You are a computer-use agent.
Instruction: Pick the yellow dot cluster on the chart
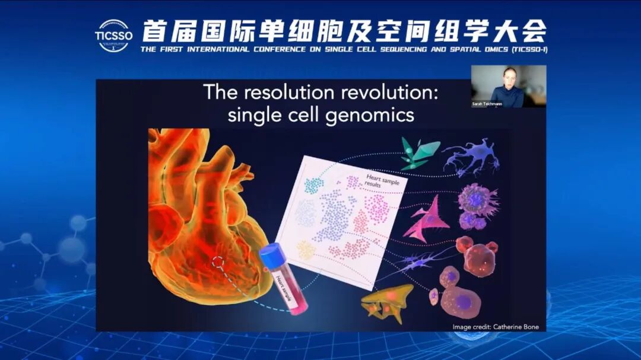pyautogui.click(x=306, y=250)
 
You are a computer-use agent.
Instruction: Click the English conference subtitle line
pyautogui.click(x=344, y=49)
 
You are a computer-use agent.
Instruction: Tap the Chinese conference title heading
pyautogui.click(x=344, y=30)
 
